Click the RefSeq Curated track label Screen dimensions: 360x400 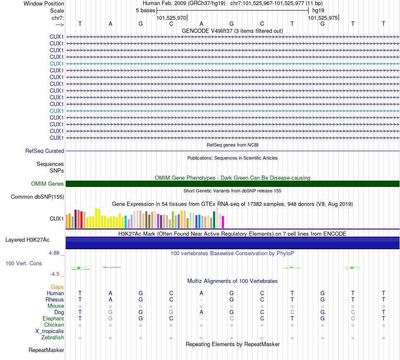pos(45,151)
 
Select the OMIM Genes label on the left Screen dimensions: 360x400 pos(48,184)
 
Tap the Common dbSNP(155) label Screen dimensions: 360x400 pos(37,197)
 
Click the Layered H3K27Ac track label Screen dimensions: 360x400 pos(27,240)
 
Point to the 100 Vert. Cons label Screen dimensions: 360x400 pos(24,263)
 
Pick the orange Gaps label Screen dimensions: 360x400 pos(57,287)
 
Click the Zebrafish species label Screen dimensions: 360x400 pos(53,337)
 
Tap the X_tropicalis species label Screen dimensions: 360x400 pos(50,331)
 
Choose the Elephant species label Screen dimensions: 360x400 pos(53,319)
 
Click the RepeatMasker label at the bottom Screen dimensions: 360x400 pos(46,350)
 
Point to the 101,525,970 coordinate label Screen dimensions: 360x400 pos(171,18)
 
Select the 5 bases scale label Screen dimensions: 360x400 pos(145,10)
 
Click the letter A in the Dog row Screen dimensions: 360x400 pos(201,312)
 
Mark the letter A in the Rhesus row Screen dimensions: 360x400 pos(110,299)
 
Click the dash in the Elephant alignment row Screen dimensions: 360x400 pos(201,319)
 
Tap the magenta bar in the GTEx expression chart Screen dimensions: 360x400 pos(223,221)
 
